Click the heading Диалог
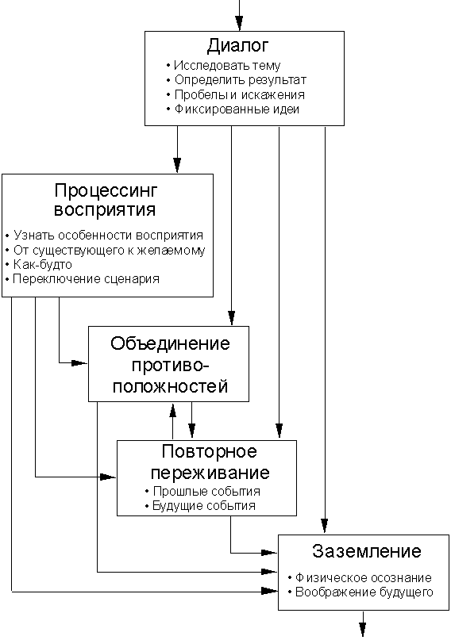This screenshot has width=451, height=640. pyautogui.click(x=238, y=46)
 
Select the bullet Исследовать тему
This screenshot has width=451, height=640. pyautogui.click(x=227, y=65)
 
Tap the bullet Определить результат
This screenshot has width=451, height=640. pyautogui.click(x=241, y=80)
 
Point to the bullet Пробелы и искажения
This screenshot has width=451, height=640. pyautogui.click(x=239, y=94)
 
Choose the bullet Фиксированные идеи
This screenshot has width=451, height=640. pyautogui.click(x=237, y=109)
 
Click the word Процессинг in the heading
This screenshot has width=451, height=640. pyautogui.click(x=106, y=190)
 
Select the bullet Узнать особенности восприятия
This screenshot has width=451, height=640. pyautogui.click(x=108, y=235)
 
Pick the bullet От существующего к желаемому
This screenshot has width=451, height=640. pyautogui.click(x=109, y=250)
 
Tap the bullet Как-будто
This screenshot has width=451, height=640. pyautogui.click(x=43, y=265)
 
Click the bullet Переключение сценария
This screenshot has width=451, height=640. pyautogui.click(x=86, y=279)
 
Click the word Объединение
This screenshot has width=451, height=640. pyautogui.click(x=170, y=343)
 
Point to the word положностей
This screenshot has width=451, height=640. pyautogui.click(x=170, y=386)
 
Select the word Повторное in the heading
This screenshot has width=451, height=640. pyautogui.click(x=209, y=451)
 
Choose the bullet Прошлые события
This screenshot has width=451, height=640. pyautogui.click(x=206, y=491)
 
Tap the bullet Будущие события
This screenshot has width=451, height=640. pyautogui.click(x=204, y=506)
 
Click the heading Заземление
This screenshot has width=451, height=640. pyautogui.click(x=367, y=551)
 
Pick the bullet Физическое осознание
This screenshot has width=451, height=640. pyautogui.click(x=363, y=577)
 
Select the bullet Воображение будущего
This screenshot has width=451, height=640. pyautogui.click(x=364, y=592)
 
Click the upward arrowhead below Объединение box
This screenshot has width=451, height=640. pyautogui.click(x=173, y=410)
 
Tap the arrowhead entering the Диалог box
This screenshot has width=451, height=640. pyautogui.click(x=239, y=23)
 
